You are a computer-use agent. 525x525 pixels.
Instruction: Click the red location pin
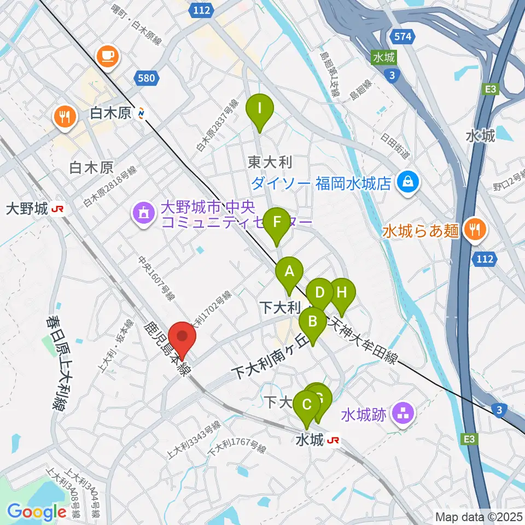tap(182, 340)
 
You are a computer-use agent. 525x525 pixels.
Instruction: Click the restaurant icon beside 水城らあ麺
tap(473, 230)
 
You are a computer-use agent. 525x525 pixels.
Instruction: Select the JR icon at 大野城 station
tap(56, 209)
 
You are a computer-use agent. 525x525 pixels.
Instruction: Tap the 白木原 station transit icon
tap(142, 113)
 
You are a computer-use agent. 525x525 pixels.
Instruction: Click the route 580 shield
tap(147, 78)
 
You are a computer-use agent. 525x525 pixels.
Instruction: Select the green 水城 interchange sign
tap(385, 57)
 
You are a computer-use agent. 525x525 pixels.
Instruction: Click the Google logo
tap(37, 512)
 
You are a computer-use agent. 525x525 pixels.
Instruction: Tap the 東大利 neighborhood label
tap(270, 162)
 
